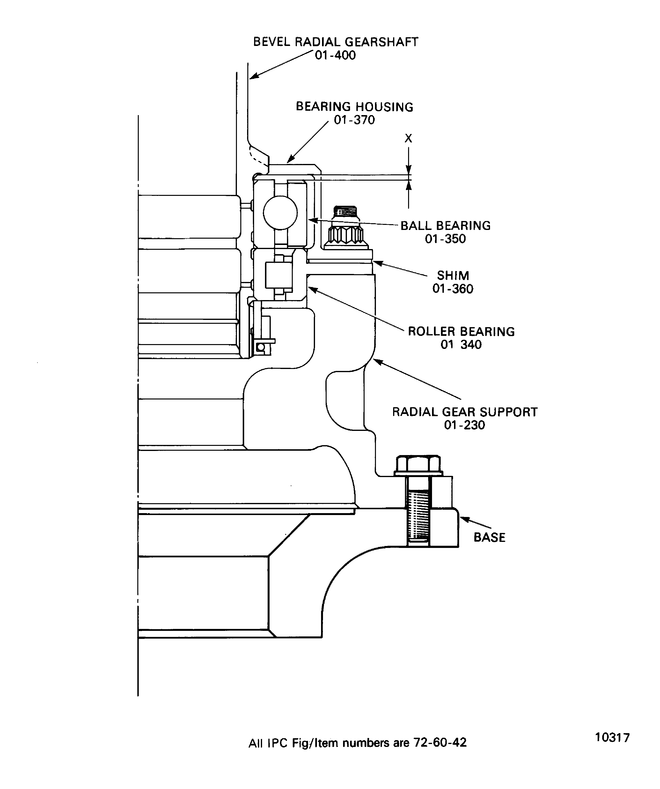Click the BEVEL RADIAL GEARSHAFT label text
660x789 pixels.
[x=336, y=42]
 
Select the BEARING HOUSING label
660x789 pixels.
[x=354, y=107]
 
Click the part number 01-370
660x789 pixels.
[x=354, y=120]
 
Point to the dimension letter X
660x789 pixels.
[x=408, y=139]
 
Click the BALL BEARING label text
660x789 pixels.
[x=446, y=225]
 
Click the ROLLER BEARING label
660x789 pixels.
[x=461, y=331]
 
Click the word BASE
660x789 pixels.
[x=489, y=537]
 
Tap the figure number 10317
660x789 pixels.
[x=612, y=737]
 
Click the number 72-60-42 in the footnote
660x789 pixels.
[x=440, y=743]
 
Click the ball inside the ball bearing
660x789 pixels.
[x=280, y=213]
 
